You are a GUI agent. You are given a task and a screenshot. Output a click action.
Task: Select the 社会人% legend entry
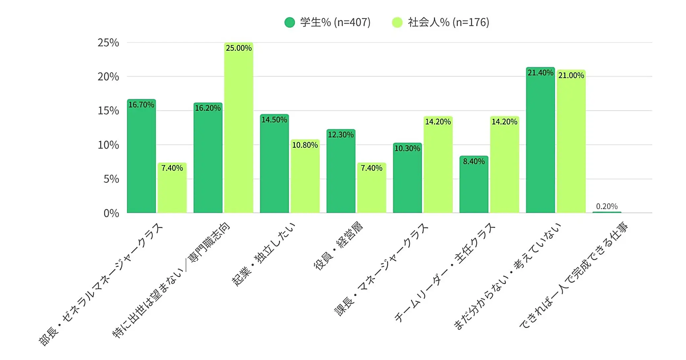(441, 23)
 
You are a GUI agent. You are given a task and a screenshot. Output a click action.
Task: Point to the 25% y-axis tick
(108, 43)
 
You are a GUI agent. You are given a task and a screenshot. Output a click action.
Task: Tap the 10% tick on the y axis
(108, 145)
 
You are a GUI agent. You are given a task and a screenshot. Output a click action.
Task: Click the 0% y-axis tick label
(111, 213)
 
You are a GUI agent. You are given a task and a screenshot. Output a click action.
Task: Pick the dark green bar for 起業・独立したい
(274, 166)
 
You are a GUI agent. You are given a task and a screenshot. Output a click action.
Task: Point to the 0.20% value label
(607, 206)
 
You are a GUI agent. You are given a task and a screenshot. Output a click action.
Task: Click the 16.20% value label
(208, 107)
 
